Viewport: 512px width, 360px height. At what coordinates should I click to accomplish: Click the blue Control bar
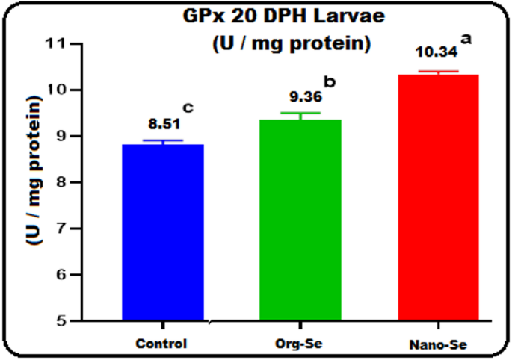[162, 232]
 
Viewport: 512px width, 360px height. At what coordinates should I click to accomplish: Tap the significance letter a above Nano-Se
[467, 39]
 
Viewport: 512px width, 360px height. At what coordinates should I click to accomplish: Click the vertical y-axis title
[34, 182]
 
